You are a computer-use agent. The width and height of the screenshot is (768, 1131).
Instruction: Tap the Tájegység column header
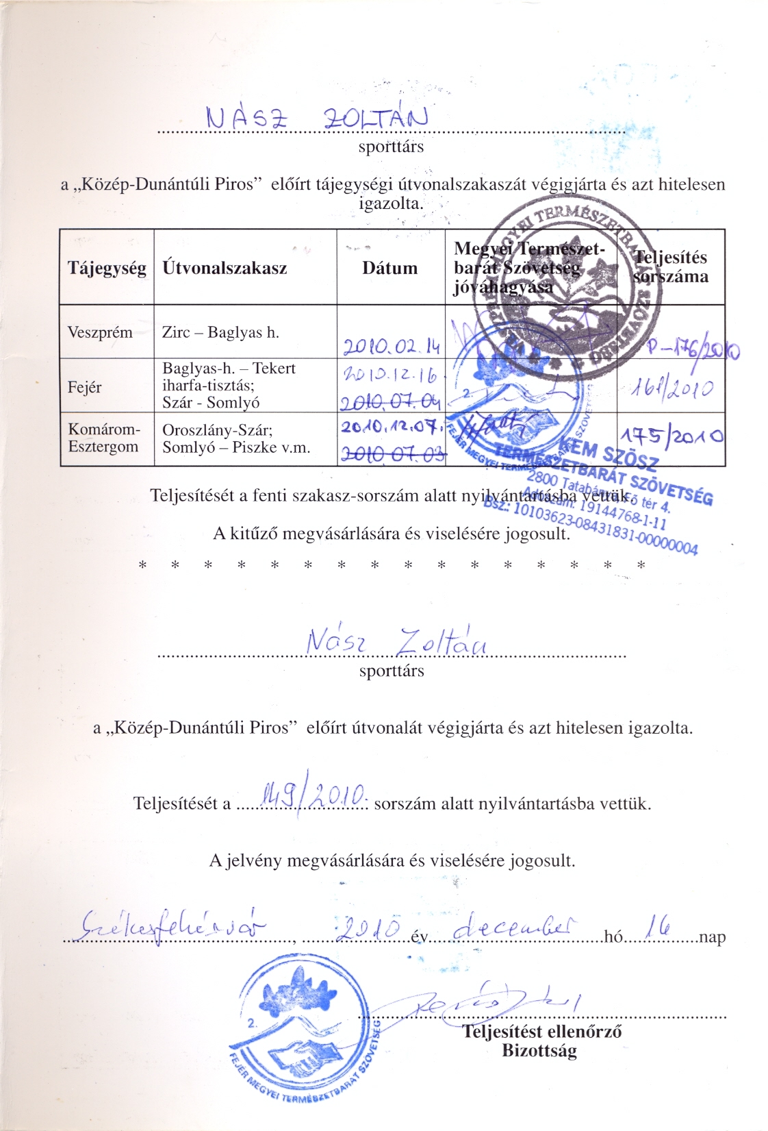click(x=107, y=268)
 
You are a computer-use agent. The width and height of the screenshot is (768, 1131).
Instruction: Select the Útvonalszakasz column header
click(x=225, y=268)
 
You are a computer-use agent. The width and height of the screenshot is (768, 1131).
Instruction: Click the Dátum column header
click(x=389, y=268)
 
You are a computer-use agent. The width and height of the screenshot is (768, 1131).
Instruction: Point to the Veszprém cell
click(x=100, y=332)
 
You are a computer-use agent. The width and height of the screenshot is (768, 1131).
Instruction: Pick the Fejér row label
click(x=84, y=387)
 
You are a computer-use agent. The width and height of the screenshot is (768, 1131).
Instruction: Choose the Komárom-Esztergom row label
click(x=103, y=438)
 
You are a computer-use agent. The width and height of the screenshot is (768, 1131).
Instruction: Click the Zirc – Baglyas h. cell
click(x=220, y=333)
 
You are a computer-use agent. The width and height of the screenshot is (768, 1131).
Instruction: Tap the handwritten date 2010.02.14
click(x=390, y=347)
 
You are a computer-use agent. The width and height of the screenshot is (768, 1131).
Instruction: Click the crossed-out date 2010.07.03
click(x=392, y=455)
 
